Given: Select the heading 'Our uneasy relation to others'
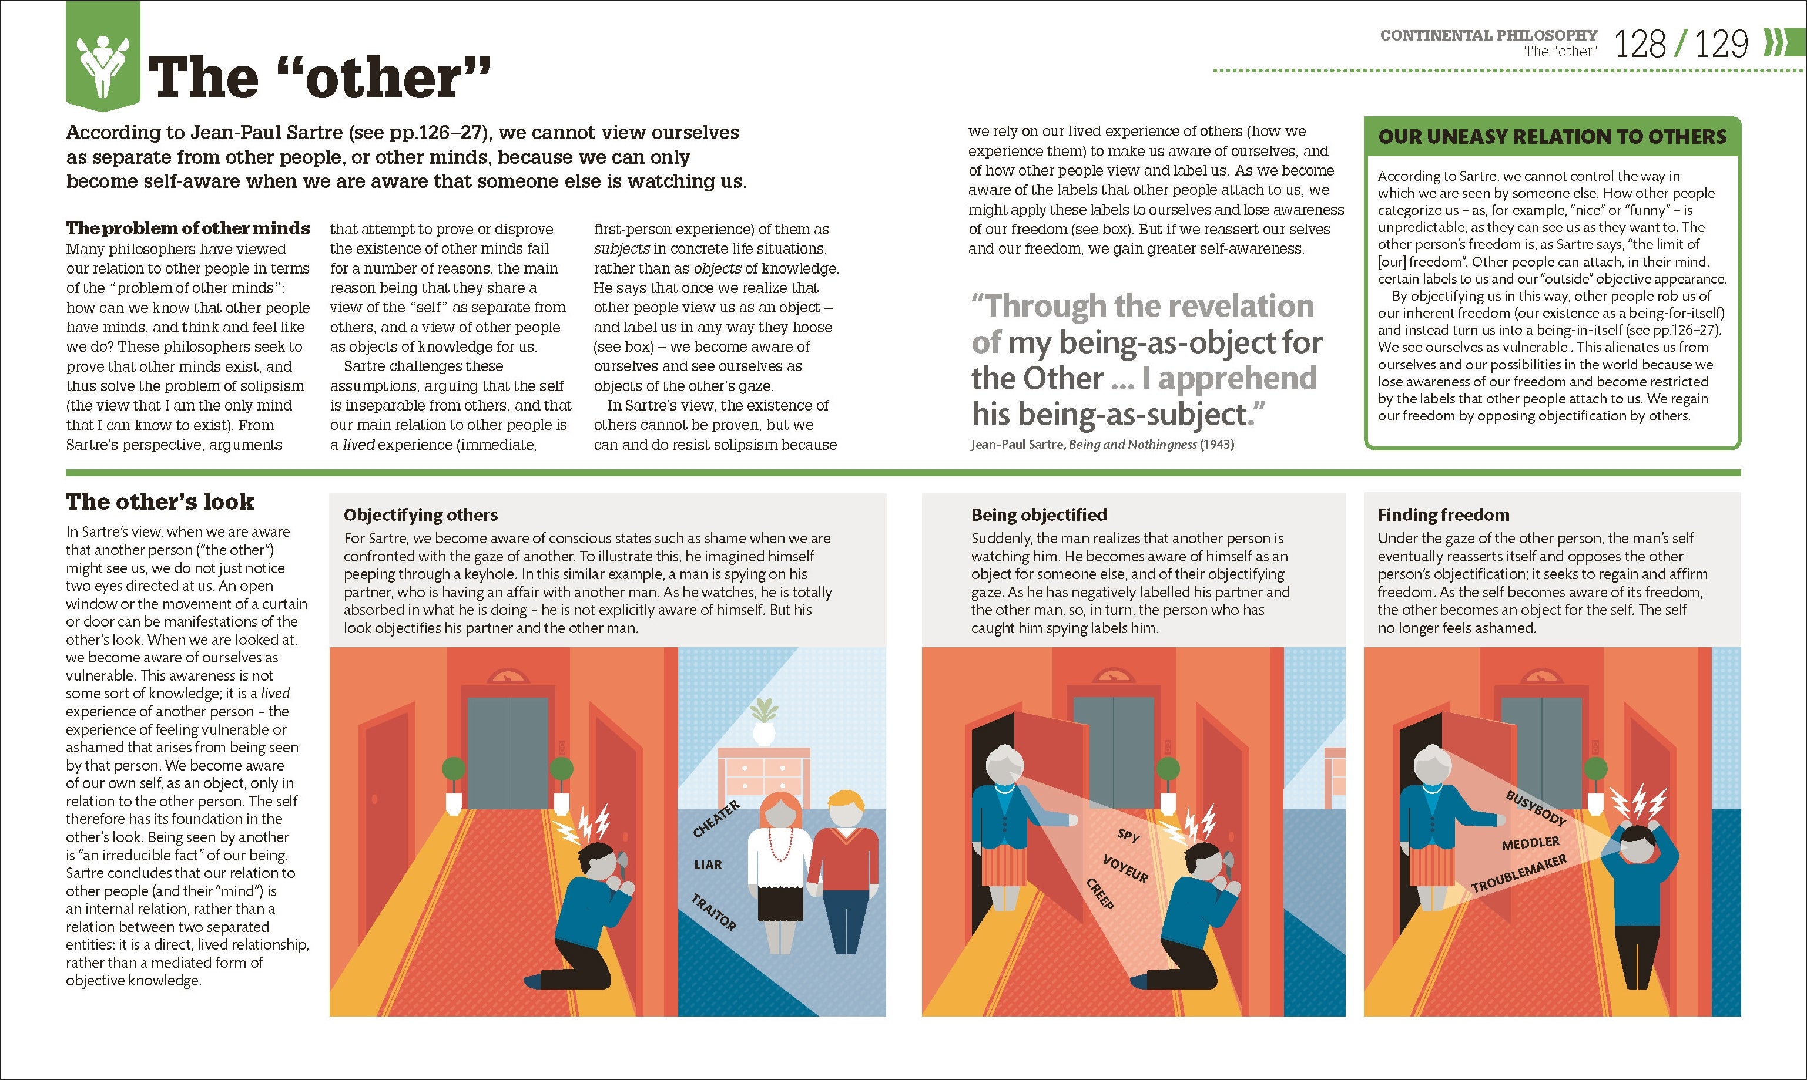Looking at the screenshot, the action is pos(1552,136).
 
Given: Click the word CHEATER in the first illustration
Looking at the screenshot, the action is pos(716,819).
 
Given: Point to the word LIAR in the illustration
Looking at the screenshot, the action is pos(708,864).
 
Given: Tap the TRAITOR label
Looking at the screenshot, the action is pos(713,912).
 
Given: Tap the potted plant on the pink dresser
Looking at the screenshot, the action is pos(764,721).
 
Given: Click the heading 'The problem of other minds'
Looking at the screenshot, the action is pos(188,228).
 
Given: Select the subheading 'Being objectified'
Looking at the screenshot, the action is pos(1039,514).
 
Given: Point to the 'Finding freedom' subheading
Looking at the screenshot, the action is pos(1444,514).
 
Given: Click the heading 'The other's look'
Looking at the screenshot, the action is pos(160,502).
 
